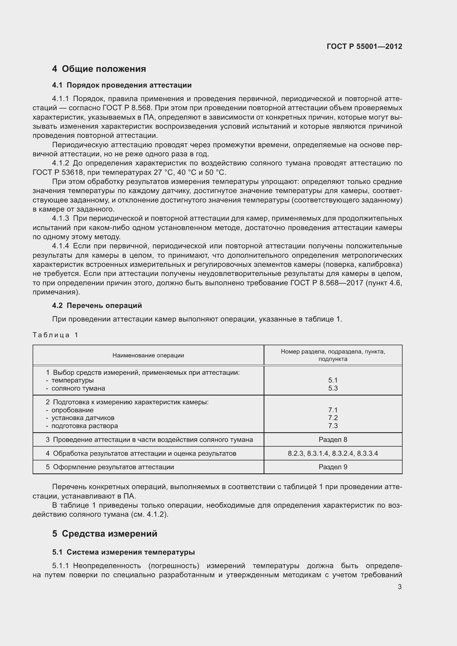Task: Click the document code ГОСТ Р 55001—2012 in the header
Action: [x=364, y=46]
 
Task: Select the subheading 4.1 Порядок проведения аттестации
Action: [x=122, y=85]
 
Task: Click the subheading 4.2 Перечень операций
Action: [x=97, y=305]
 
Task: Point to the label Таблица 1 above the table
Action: [x=55, y=335]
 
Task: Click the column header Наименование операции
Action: [x=148, y=355]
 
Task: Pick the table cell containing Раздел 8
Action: [x=333, y=439]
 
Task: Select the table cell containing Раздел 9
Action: [x=333, y=467]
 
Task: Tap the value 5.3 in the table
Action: [x=333, y=388]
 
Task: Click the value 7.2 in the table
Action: [x=333, y=418]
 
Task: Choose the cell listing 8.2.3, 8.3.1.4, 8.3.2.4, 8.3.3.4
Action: [x=333, y=453]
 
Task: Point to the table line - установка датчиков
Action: [x=80, y=418]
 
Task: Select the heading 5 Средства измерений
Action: [x=105, y=534]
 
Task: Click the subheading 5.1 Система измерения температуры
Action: [x=123, y=552]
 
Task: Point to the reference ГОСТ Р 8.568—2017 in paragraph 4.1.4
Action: [x=326, y=283]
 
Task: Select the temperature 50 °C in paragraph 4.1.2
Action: [x=216, y=172]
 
